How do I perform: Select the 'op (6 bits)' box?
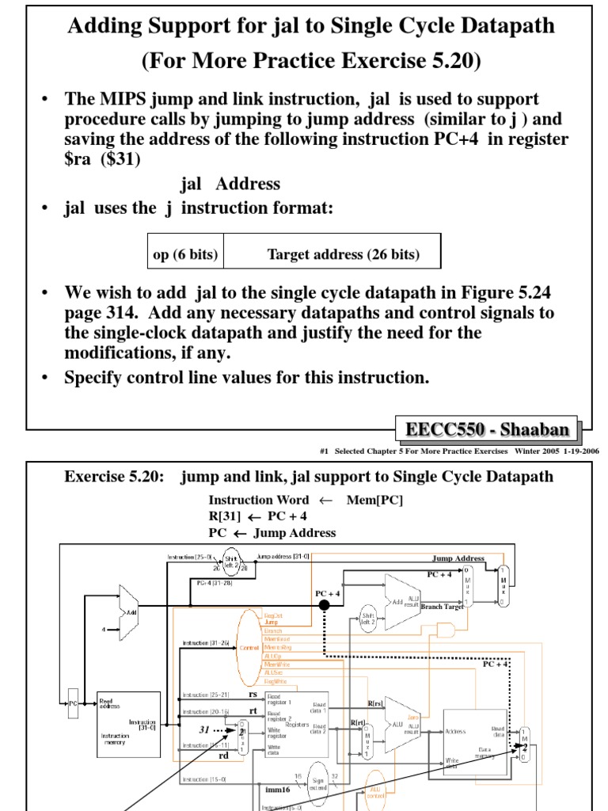[x=185, y=254]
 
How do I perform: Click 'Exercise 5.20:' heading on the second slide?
[x=112, y=476]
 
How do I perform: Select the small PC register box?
[x=73, y=702]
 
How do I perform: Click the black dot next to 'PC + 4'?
[x=324, y=606]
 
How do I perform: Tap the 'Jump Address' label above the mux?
[x=458, y=558]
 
